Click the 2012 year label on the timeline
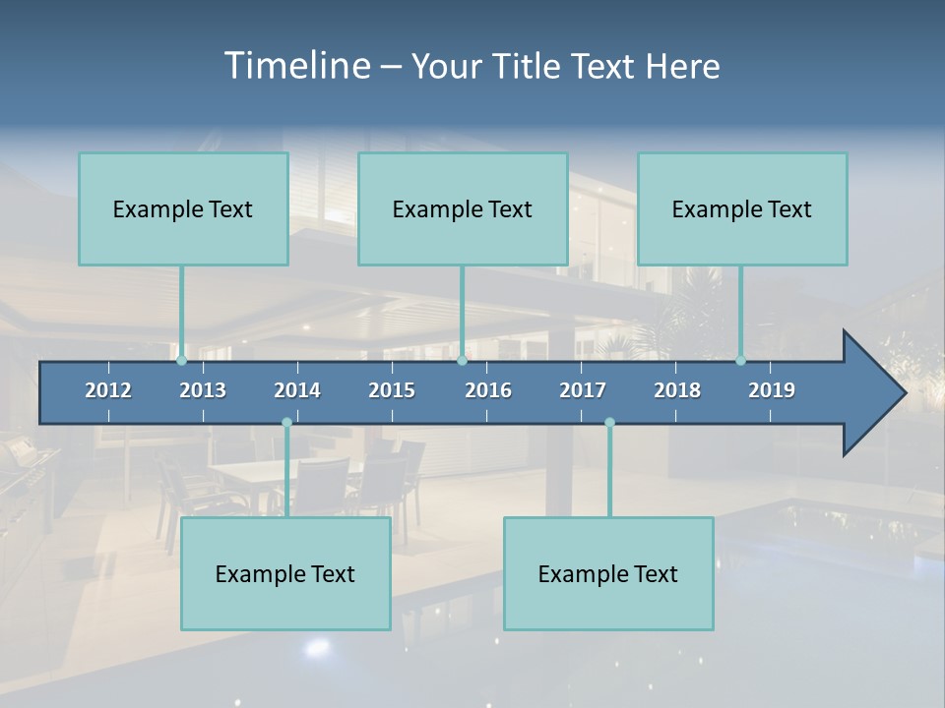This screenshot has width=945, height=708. [108, 390]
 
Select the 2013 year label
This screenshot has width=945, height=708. [203, 390]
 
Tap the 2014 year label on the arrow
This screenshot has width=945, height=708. [297, 390]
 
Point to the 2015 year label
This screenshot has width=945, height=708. [392, 390]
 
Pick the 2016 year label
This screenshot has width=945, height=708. [488, 390]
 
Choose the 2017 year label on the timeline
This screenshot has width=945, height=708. [583, 390]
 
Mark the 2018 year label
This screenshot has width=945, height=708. [677, 390]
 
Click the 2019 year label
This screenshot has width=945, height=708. [772, 390]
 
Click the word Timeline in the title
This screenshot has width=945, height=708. [295, 66]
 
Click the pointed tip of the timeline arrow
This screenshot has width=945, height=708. [903, 393]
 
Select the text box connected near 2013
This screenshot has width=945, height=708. [183, 208]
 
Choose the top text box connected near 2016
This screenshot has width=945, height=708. [463, 208]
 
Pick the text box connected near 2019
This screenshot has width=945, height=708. [742, 208]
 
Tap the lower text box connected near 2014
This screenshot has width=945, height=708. [285, 573]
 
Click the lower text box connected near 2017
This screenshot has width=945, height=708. [608, 573]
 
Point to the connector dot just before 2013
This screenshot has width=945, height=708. [182, 361]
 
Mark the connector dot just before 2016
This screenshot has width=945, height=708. [462, 361]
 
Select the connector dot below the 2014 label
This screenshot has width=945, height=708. [286, 423]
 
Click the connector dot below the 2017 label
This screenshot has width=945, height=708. [609, 423]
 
